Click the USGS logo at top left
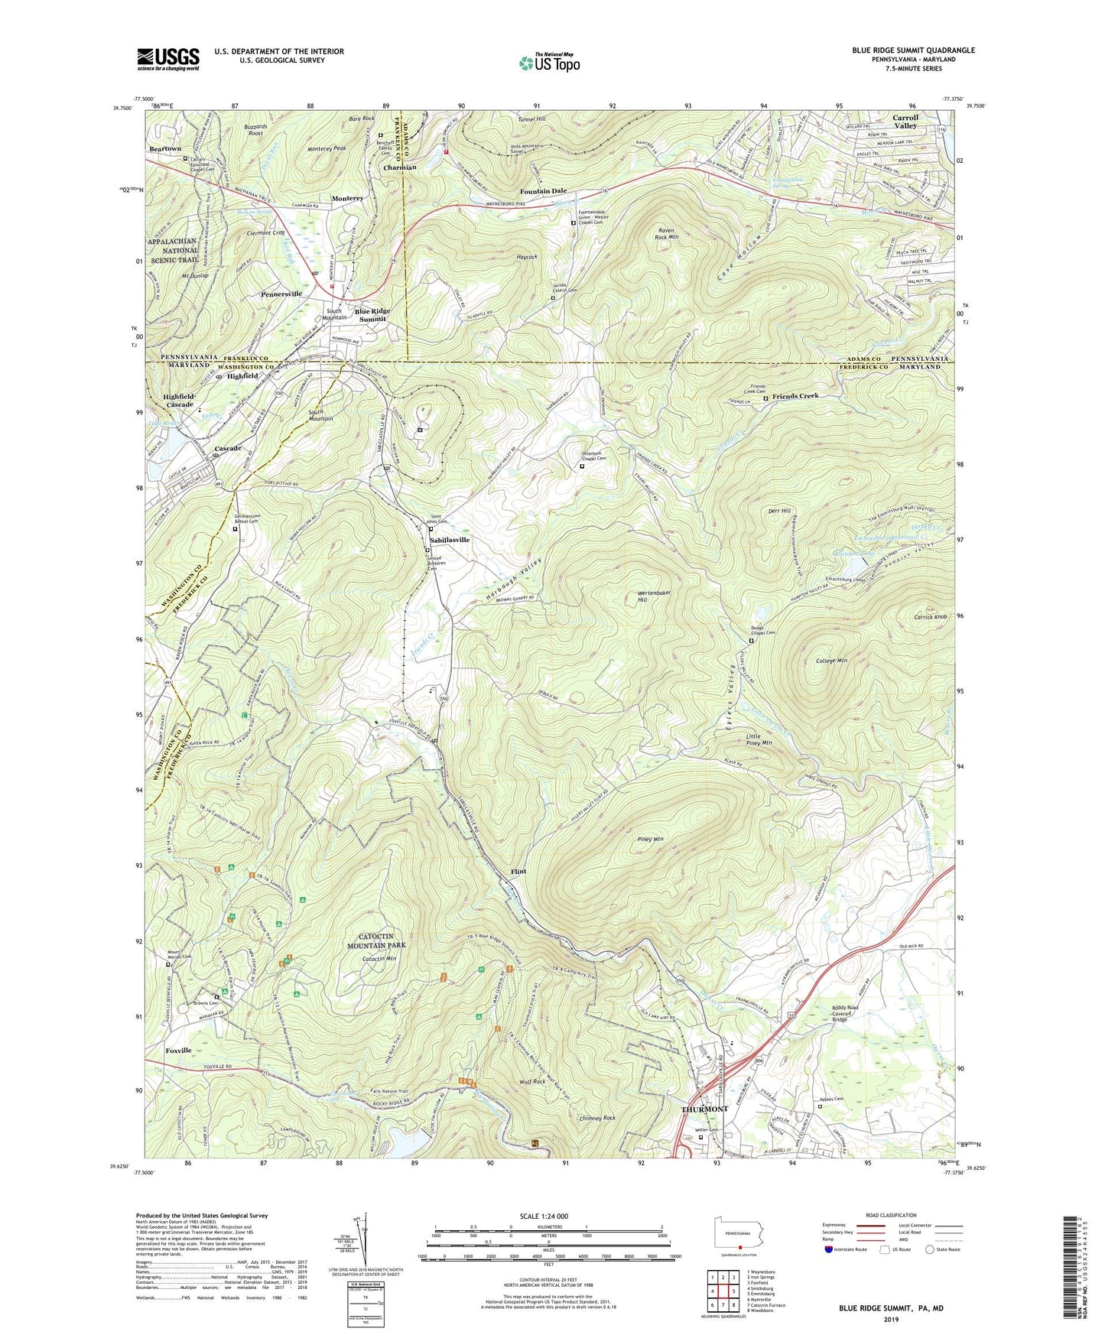pos(168,59)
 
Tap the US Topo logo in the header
pos(549,63)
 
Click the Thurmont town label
pos(704,1109)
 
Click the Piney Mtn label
pos(650,840)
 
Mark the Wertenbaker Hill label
pos(654,596)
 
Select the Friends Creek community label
pos(795,396)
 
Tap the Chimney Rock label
pos(597,1118)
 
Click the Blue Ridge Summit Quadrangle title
pos(914,50)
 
